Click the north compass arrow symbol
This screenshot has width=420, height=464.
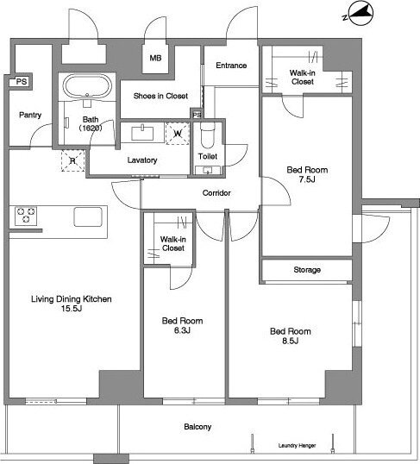[x=360, y=14]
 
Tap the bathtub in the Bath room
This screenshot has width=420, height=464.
[x=87, y=86]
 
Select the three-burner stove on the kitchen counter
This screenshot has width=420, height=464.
[x=26, y=216]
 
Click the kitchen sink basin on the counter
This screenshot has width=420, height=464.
[x=88, y=217]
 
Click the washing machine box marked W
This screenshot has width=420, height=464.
[x=178, y=134]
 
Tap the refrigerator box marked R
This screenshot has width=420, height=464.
[x=72, y=160]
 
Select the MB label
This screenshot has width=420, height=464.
[x=155, y=58]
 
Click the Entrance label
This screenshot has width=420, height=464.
[x=231, y=66]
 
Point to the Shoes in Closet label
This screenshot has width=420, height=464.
[x=160, y=96]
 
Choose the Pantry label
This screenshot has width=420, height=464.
[x=30, y=115]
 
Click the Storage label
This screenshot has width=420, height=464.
[x=307, y=270]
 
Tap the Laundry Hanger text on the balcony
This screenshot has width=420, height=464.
[x=297, y=445]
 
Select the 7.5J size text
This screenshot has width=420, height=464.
[x=307, y=179]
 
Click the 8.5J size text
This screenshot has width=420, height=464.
[x=290, y=341]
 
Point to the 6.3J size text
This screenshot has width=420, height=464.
[x=182, y=330]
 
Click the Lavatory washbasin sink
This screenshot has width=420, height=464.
[x=142, y=133]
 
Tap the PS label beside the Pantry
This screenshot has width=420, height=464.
[x=22, y=81]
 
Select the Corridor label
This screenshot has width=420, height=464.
[x=216, y=193]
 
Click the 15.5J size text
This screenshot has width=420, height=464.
[x=72, y=309]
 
